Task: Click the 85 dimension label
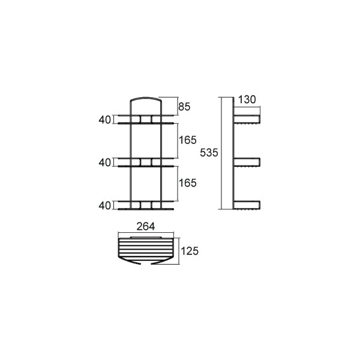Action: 184,107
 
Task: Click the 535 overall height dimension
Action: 209,152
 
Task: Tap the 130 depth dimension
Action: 247,100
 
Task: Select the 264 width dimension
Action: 146,227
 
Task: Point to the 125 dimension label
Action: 190,251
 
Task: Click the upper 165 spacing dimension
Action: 188,140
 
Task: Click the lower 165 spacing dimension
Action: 188,183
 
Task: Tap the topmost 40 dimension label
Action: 104,120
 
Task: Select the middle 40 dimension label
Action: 104,163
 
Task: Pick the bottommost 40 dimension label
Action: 104,206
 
